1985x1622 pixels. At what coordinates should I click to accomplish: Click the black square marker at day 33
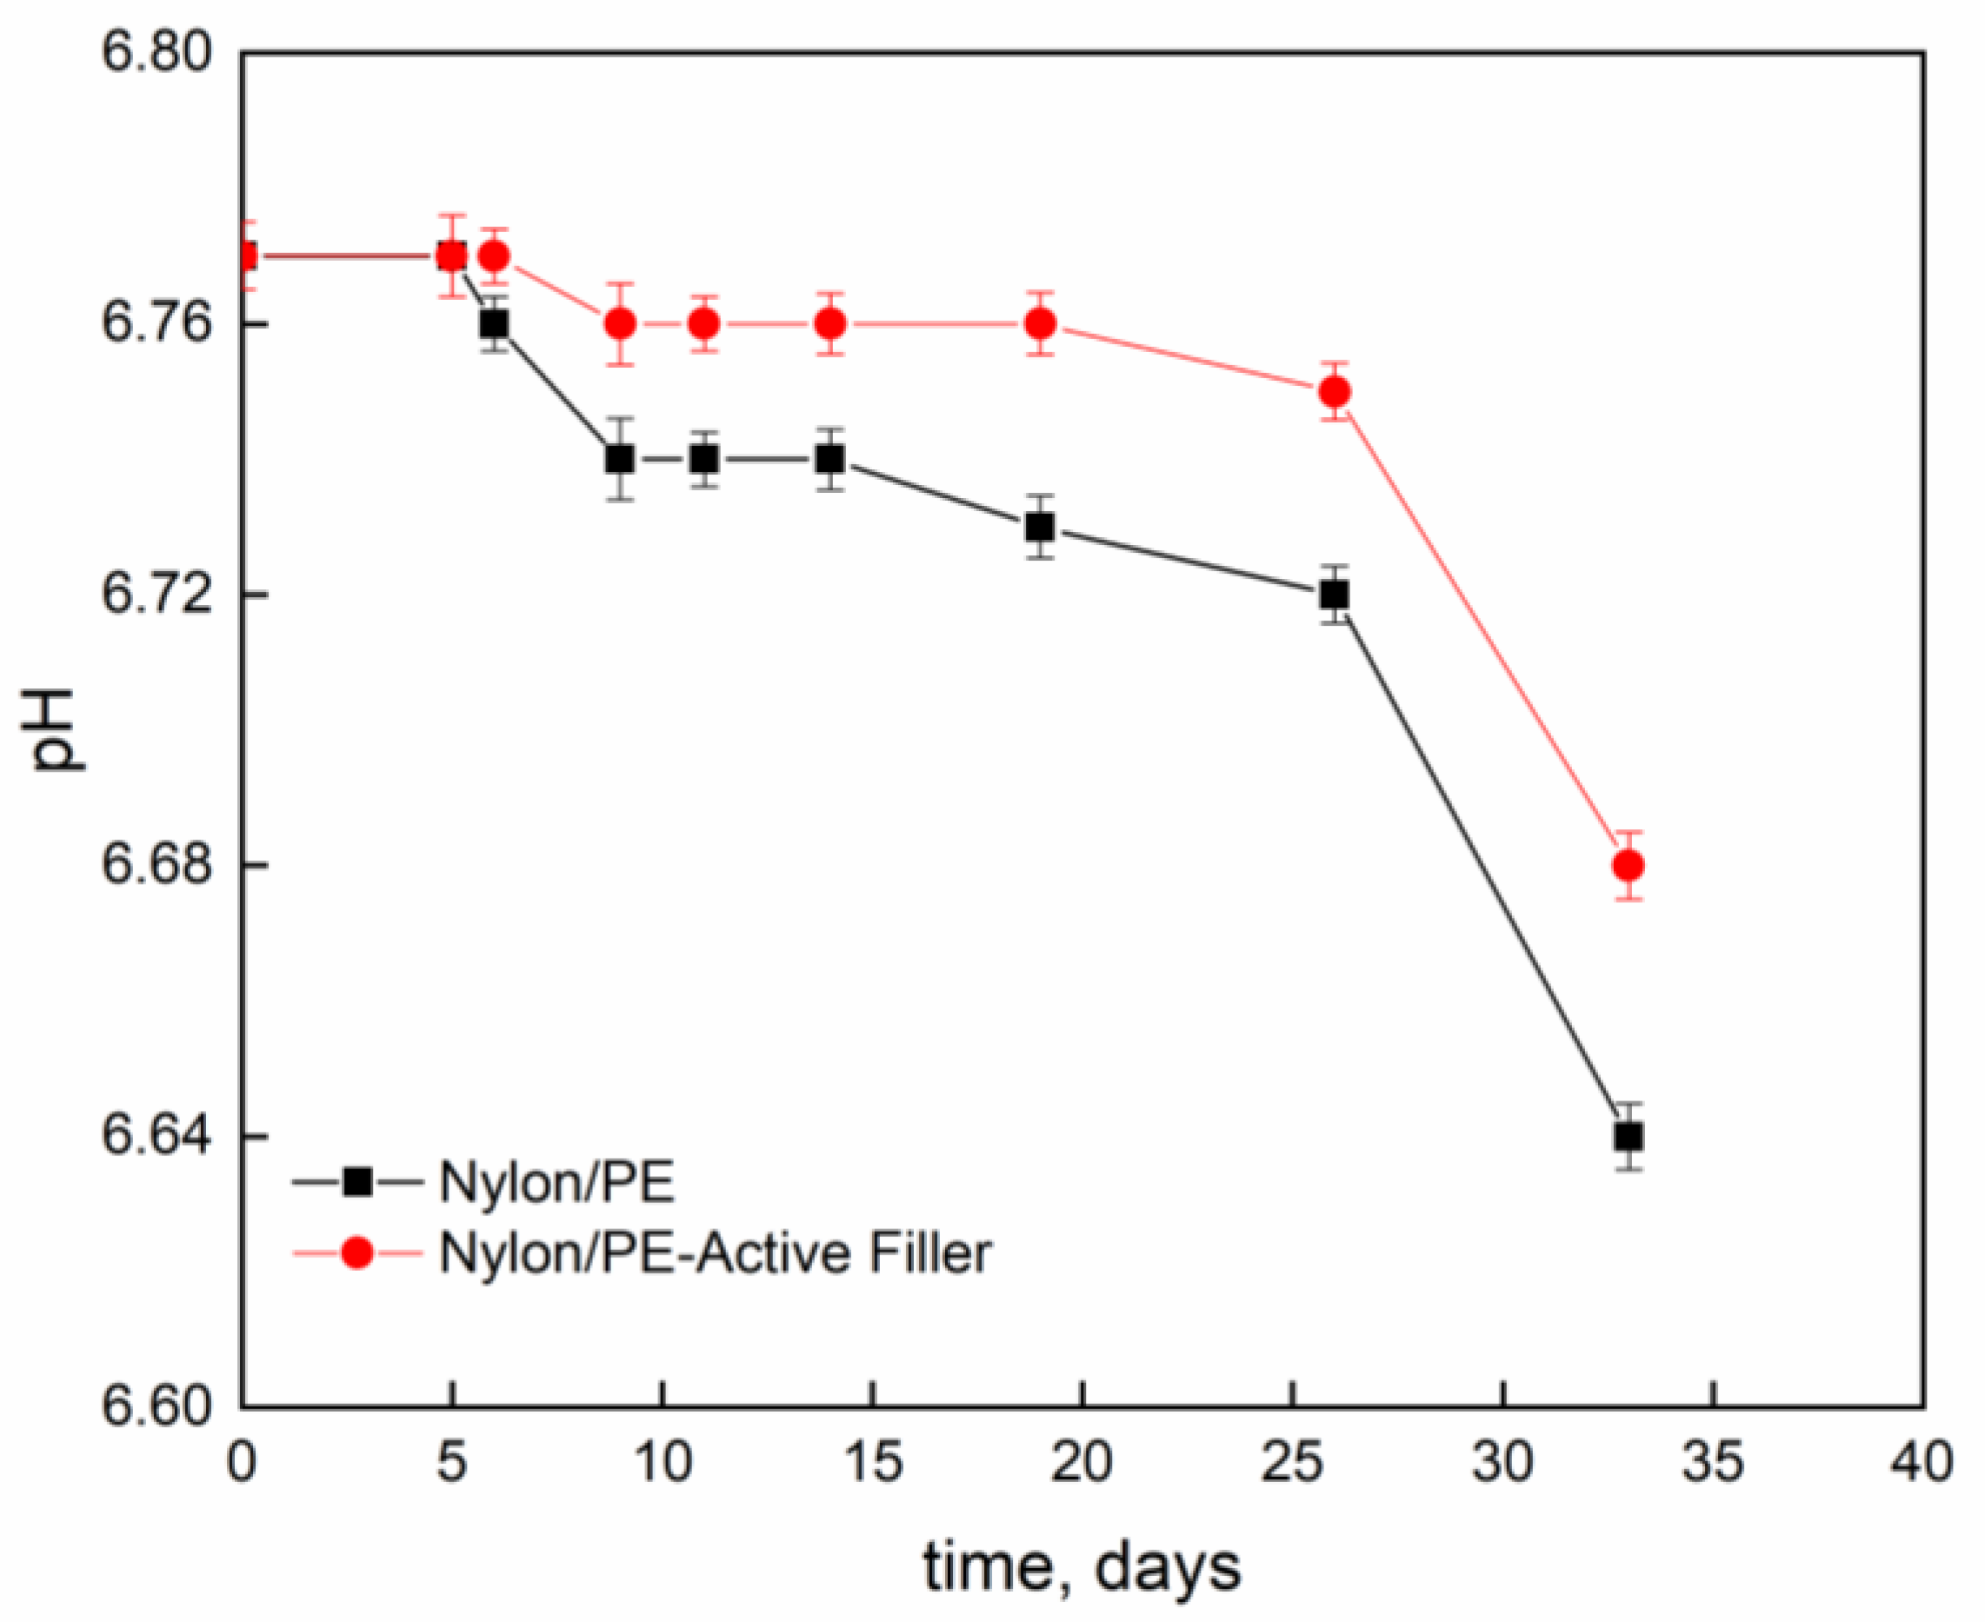(1629, 1137)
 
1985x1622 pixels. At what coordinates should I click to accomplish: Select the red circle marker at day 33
(1629, 865)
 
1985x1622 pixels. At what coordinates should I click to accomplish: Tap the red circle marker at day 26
(1335, 391)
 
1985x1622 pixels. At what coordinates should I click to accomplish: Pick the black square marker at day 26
(1335, 595)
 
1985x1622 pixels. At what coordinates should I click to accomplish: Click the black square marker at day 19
(1040, 527)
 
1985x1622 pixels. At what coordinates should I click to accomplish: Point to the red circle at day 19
(1040, 323)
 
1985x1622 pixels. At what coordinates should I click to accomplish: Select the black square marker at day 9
(620, 459)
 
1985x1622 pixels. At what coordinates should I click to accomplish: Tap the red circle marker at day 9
(620, 323)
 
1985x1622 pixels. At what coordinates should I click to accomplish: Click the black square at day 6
(495, 323)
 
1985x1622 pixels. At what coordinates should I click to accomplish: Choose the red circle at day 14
(829, 323)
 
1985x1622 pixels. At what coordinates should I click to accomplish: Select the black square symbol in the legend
(357, 1182)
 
